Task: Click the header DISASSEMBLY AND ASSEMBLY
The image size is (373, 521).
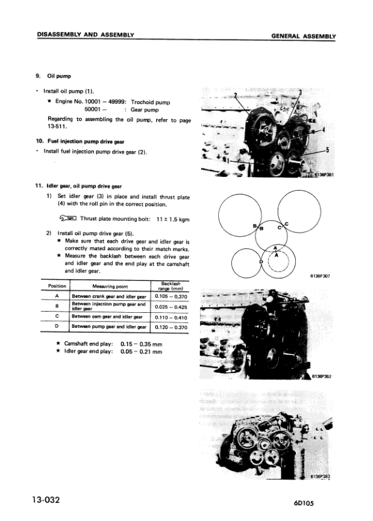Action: tap(87, 35)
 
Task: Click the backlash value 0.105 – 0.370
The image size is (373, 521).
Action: tap(171, 297)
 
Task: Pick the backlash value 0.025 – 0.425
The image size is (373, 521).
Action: tap(171, 307)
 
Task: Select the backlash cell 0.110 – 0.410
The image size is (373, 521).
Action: tap(171, 317)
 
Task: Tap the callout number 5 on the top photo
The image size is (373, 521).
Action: tap(328, 151)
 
